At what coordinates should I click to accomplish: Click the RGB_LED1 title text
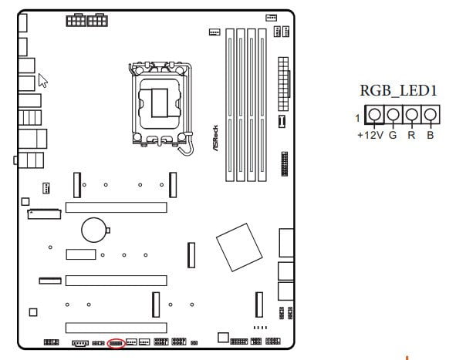398,90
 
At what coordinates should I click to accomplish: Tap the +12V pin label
370,135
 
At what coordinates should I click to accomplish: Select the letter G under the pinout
393,135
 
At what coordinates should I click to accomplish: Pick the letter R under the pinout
411,135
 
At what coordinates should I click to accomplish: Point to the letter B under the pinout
430,135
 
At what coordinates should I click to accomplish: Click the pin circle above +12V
374,114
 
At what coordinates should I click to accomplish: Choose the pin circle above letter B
430,114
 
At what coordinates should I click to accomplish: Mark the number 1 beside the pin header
358,118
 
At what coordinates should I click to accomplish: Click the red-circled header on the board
116,344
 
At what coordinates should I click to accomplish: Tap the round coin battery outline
94,230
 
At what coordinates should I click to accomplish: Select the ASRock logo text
215,138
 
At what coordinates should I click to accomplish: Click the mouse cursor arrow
42,80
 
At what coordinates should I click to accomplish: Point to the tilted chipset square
239,247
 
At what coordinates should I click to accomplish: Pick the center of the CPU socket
160,103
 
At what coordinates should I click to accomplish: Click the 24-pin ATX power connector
283,84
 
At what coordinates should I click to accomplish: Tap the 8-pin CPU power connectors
87,20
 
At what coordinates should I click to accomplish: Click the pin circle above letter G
393,114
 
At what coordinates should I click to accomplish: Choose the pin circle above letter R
411,114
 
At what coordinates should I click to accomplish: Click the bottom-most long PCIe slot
116,328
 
